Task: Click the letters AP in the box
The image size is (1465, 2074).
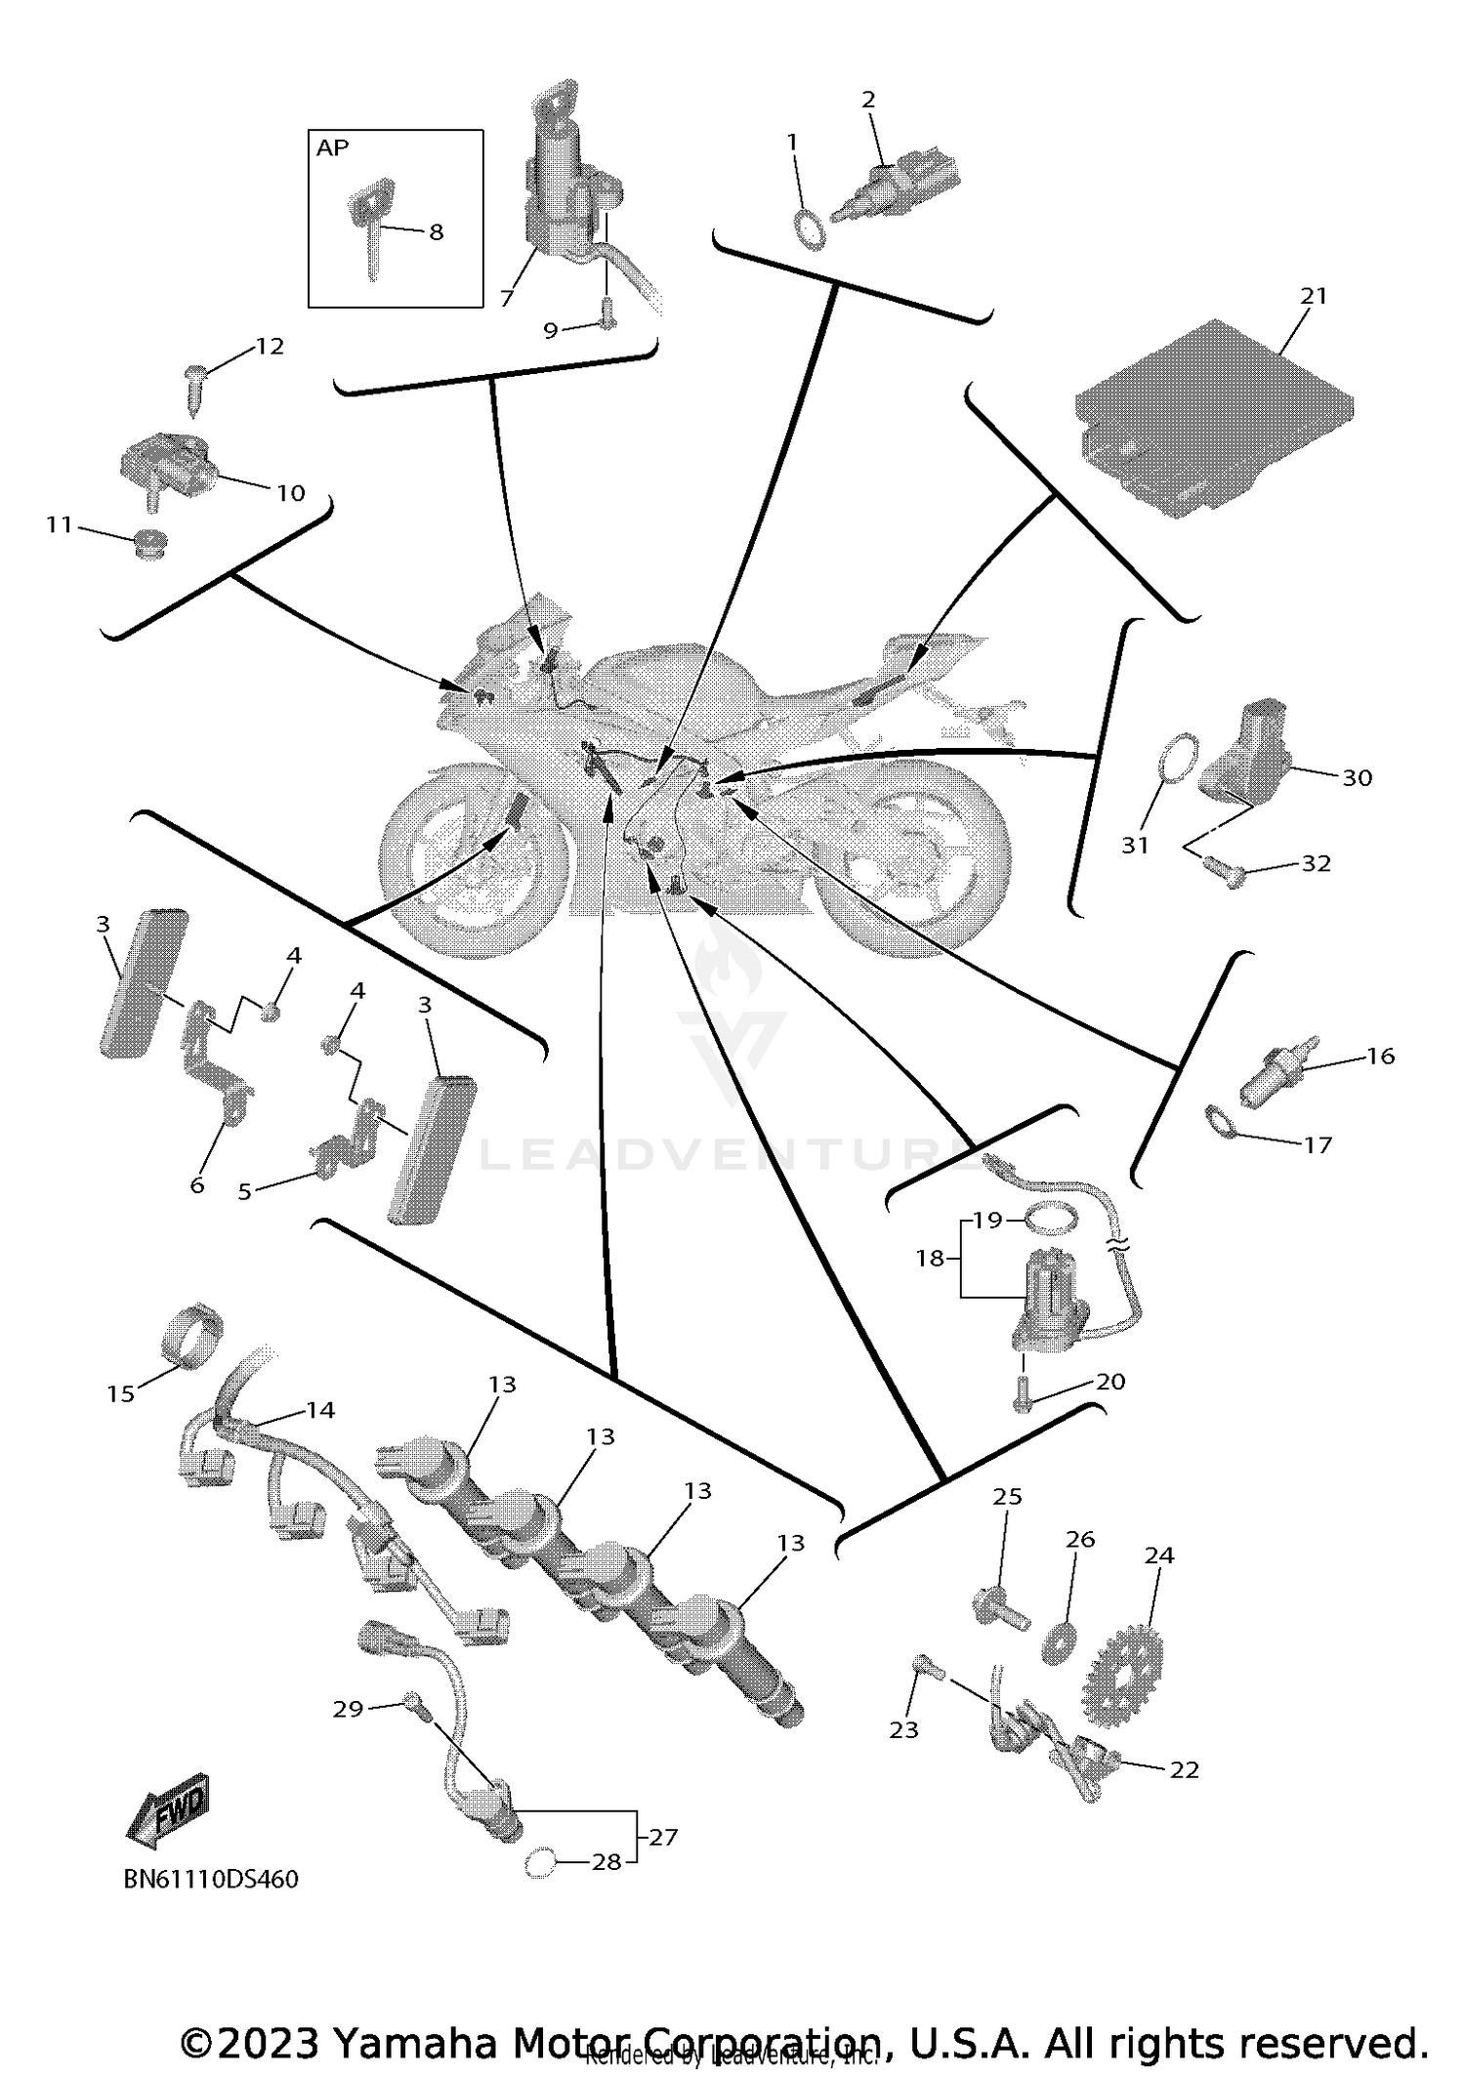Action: [x=332, y=148]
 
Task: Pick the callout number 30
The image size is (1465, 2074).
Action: [x=1357, y=778]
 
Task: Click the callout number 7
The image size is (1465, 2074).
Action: [x=506, y=300]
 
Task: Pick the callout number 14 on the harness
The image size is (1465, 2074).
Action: [x=320, y=1409]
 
